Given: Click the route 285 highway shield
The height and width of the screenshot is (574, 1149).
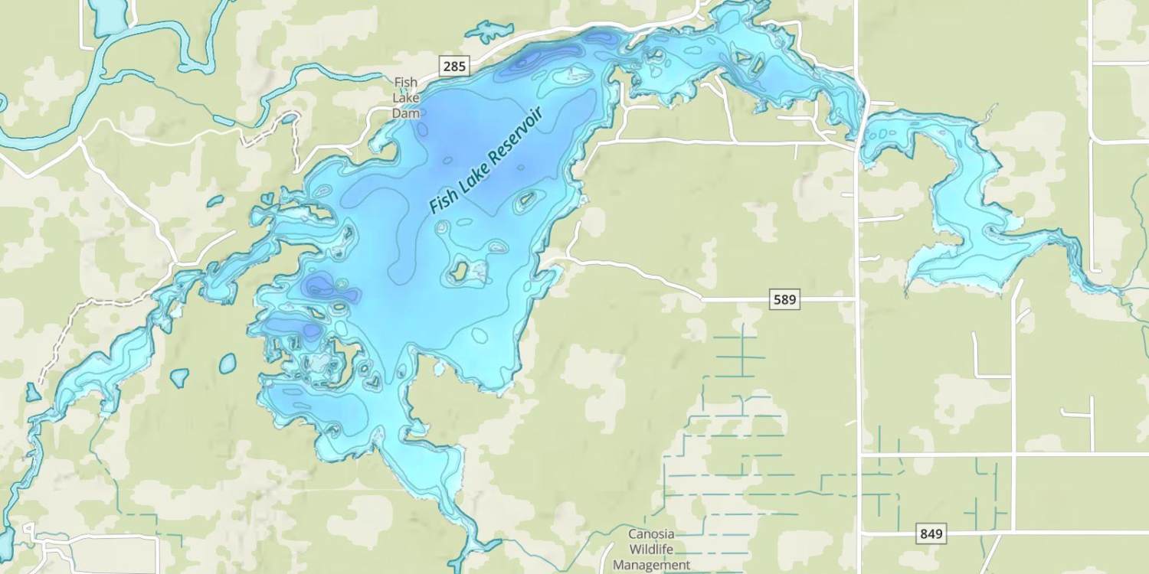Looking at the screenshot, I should coord(454,67).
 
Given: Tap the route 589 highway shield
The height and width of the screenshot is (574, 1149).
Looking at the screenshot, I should coord(784,299).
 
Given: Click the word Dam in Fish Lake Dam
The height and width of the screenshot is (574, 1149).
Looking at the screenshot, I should coord(406,113).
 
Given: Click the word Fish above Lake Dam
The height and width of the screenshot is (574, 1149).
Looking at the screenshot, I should coord(406,82).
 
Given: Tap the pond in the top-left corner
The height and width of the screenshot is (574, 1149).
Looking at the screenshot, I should coord(110,15).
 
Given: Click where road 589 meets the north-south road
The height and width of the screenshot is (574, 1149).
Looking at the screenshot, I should coord(856,299).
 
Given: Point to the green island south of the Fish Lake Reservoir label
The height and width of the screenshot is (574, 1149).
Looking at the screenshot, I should coord(460,270).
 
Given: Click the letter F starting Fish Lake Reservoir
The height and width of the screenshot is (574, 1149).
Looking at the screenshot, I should coord(434,207).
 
